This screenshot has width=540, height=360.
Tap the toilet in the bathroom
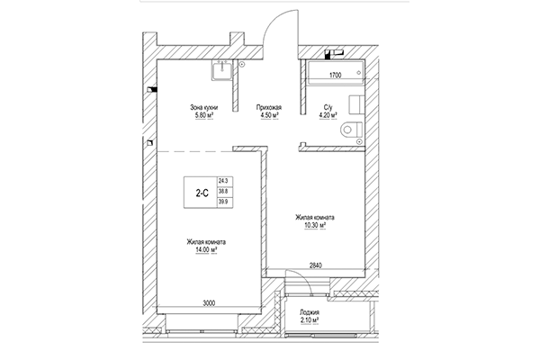[x=350, y=131]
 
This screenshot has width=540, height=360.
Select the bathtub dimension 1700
[x=335, y=76]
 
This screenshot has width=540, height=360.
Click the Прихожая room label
[x=270, y=107]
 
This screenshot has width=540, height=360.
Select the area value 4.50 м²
[x=270, y=115]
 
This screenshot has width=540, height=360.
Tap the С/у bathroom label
[x=328, y=107]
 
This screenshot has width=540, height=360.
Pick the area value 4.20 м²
[x=328, y=115]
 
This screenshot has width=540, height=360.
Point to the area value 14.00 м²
[x=206, y=251]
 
